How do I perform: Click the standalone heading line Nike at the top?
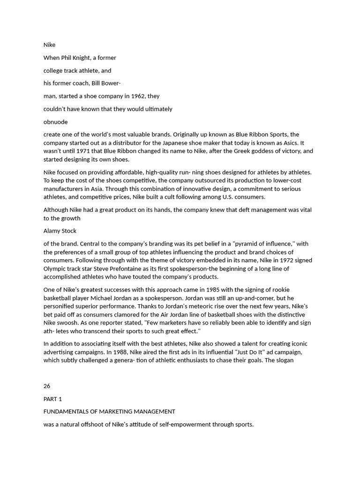[49, 45]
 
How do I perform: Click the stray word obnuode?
[55, 122]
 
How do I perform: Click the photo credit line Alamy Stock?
[60, 231]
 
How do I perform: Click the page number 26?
[47, 386]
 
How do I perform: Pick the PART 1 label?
[52, 399]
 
